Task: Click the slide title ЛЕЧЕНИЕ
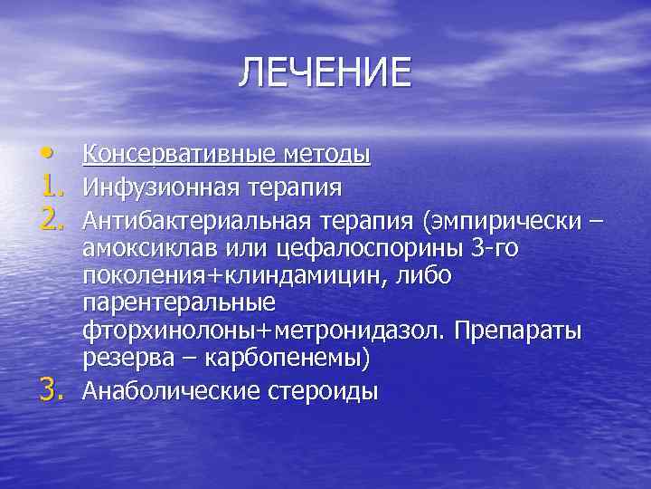click(x=325, y=73)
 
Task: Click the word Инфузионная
click(x=159, y=187)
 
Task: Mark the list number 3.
click(x=52, y=390)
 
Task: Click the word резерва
click(x=135, y=360)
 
